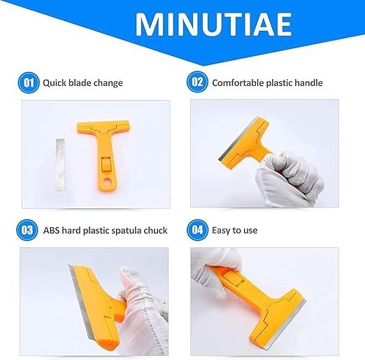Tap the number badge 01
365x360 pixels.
point(29,82)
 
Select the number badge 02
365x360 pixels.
point(196,82)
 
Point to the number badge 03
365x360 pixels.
point(29,229)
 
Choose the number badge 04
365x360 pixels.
point(196,229)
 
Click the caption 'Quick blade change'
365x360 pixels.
point(83,83)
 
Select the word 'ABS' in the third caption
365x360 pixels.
point(52,230)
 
